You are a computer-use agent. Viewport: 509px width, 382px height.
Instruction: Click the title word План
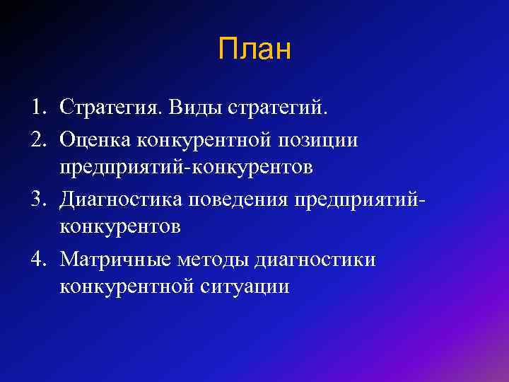255,50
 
